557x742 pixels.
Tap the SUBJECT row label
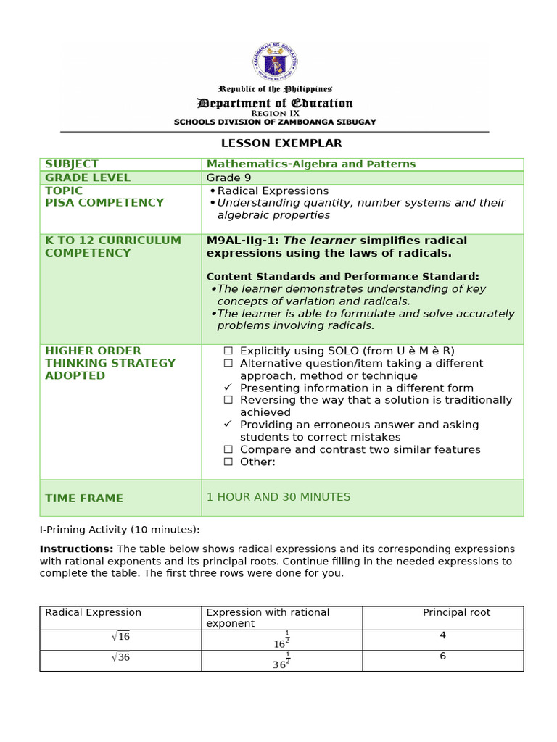(71, 164)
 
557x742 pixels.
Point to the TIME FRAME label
(84, 499)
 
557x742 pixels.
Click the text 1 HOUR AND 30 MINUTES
(278, 497)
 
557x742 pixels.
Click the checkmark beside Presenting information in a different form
(228, 388)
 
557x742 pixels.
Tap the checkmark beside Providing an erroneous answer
(228, 425)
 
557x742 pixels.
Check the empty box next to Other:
(228, 462)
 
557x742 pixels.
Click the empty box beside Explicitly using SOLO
(228, 351)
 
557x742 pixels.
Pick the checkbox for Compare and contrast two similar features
(228, 449)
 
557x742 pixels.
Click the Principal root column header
(456, 613)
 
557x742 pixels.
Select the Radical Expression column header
(93, 613)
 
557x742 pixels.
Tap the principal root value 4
(442, 635)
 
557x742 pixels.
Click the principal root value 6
(442, 656)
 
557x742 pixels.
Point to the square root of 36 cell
(120, 657)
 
